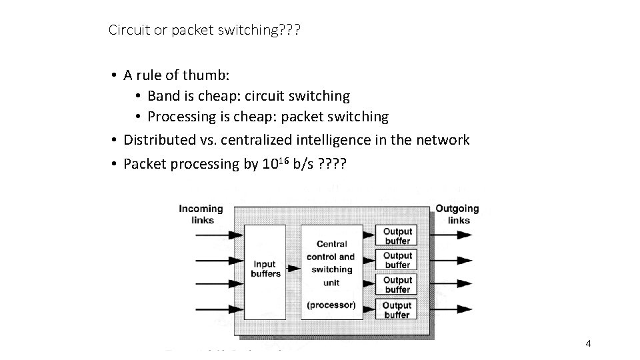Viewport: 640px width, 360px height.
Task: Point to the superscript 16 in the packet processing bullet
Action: pyautogui.click(x=283, y=159)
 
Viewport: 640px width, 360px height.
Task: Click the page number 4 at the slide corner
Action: pyautogui.click(x=588, y=343)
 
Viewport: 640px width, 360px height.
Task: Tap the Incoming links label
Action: pyautogui.click(x=201, y=214)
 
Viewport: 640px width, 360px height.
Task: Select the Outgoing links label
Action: pyautogui.click(x=457, y=214)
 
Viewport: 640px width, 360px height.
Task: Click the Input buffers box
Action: pyautogui.click(x=265, y=269)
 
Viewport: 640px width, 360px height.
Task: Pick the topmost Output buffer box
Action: pyautogui.click(x=397, y=236)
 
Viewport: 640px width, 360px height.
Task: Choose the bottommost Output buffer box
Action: pyautogui.click(x=397, y=309)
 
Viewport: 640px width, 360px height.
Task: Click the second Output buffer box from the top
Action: pyautogui.click(x=397, y=260)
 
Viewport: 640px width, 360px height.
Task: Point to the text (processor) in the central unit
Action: pyautogui.click(x=331, y=305)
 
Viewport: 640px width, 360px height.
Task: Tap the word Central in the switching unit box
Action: pyautogui.click(x=331, y=244)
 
